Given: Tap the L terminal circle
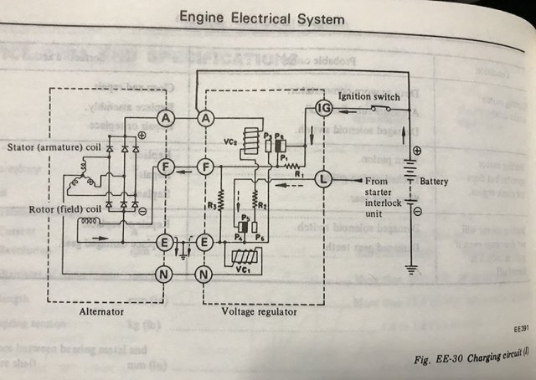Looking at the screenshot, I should pyautogui.click(x=322, y=178).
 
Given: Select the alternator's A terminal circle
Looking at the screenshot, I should pyautogui.click(x=167, y=119).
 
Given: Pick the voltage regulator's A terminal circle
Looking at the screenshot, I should pyautogui.click(x=204, y=119).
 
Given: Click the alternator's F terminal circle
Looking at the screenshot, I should pyautogui.click(x=167, y=167).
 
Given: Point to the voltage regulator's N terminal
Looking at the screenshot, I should pyautogui.click(x=204, y=273).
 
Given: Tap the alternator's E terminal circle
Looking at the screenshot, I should pyautogui.click(x=167, y=243).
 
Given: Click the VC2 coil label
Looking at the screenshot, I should pyautogui.click(x=231, y=141).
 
